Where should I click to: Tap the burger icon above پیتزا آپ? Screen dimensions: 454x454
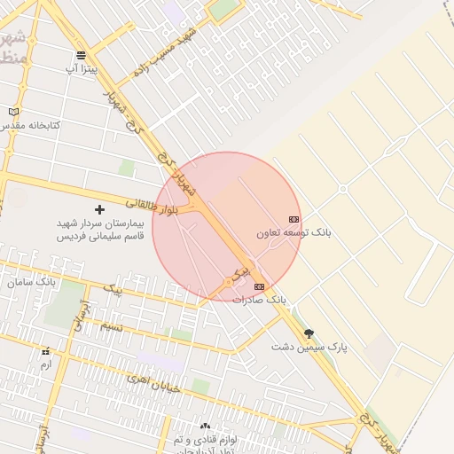coord(82,55)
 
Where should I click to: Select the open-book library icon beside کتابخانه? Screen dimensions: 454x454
coord(12,112)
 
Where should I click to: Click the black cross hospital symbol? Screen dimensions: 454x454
coord(99,210)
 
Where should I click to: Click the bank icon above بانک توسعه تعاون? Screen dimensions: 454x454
coord(294,219)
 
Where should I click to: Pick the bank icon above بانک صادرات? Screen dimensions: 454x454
coord(259,286)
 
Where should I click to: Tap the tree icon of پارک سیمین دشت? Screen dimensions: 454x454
coord(309,333)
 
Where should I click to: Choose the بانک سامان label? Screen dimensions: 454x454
coord(31,281)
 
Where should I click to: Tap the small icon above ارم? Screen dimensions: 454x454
coord(46,351)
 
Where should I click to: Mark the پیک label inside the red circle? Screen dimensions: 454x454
coord(240,269)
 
